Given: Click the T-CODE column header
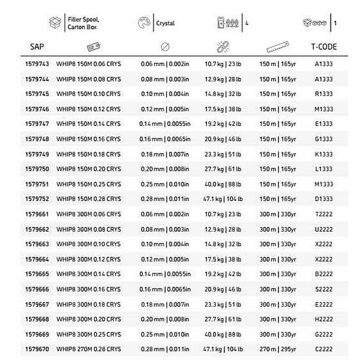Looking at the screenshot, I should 323,46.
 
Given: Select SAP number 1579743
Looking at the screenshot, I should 38,63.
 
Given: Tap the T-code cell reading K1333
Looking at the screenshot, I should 323,154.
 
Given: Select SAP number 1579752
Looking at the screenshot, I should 38,199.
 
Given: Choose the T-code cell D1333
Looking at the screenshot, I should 323,199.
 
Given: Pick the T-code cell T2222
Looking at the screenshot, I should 323,214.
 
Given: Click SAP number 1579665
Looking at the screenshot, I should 38,275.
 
